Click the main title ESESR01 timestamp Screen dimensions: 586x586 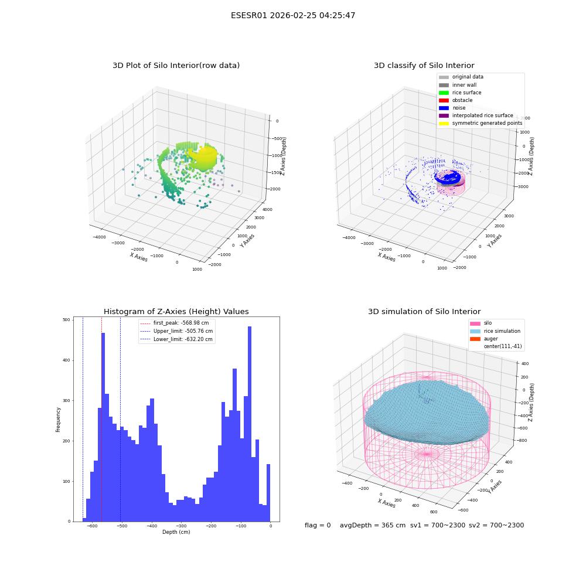(x=293, y=15)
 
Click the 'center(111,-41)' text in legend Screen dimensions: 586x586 (x=503, y=346)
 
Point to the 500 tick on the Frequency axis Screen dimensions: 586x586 (x=66, y=320)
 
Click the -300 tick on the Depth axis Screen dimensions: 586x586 (x=181, y=526)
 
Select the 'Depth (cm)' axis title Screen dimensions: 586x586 (x=176, y=532)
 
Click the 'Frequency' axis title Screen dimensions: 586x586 (x=58, y=420)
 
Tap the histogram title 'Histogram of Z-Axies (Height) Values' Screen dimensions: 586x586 (x=176, y=311)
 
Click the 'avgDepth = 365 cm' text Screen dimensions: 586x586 (x=373, y=525)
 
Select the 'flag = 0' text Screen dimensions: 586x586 (x=318, y=525)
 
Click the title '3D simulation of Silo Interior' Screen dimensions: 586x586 (x=424, y=311)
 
